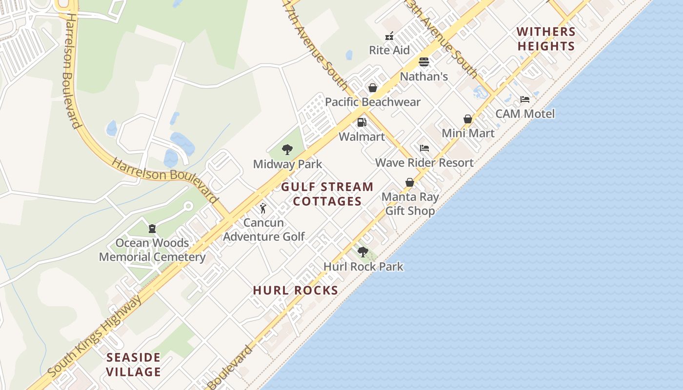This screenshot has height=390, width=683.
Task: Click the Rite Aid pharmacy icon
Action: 389,36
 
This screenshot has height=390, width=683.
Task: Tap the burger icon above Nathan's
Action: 423,62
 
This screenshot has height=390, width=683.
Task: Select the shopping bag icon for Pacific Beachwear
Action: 373,88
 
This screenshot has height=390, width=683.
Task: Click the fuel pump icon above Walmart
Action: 362,122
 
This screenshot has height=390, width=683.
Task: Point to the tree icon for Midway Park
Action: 287,150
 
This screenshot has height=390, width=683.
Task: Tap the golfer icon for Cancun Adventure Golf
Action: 263,208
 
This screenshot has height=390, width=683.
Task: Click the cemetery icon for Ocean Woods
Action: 152,228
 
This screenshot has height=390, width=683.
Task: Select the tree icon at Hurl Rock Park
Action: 363,252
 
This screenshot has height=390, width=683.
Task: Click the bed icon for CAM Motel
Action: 525,99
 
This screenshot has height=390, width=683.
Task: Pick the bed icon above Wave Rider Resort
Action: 424,148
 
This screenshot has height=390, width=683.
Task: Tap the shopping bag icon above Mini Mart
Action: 468,119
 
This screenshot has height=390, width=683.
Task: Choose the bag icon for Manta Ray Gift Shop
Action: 410,182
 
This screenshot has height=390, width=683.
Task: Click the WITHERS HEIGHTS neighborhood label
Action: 546,39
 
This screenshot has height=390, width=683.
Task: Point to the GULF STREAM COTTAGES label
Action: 327,194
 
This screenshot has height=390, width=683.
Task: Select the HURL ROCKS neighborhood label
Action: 296,290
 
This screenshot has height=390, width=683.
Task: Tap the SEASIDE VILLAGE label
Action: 134,365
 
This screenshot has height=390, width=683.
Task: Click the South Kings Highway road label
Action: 95,336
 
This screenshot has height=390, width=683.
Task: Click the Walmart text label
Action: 362,136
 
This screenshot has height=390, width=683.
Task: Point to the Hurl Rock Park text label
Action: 363,267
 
